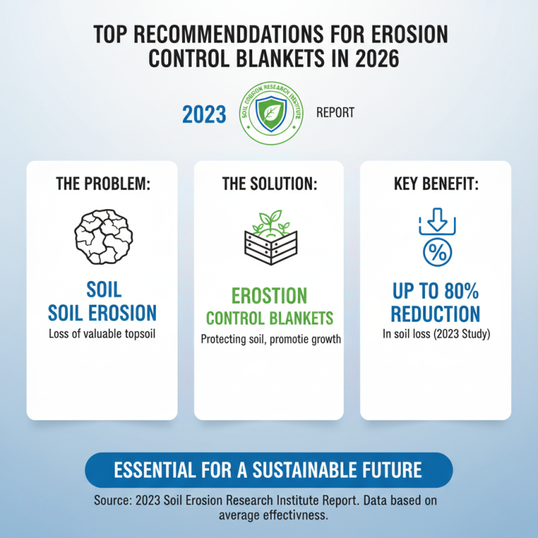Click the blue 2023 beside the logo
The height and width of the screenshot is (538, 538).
point(204,114)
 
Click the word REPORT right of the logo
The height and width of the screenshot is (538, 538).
point(335,113)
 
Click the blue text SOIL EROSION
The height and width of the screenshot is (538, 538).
point(104,312)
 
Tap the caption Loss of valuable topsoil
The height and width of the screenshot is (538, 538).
point(102,334)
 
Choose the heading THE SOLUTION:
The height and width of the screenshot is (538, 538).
point(269,185)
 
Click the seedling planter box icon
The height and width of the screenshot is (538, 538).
point(270,240)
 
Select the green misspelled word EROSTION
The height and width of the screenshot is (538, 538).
point(269,295)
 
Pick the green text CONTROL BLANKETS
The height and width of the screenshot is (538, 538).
point(269,318)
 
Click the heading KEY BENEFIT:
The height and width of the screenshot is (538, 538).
point(436,185)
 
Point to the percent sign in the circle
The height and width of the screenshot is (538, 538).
point(436,253)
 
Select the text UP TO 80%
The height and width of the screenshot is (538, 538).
point(436,291)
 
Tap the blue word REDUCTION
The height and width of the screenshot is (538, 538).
point(436,313)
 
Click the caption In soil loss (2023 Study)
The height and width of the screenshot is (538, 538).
point(436,334)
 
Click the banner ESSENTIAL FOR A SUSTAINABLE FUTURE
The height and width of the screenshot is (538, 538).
point(268,469)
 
